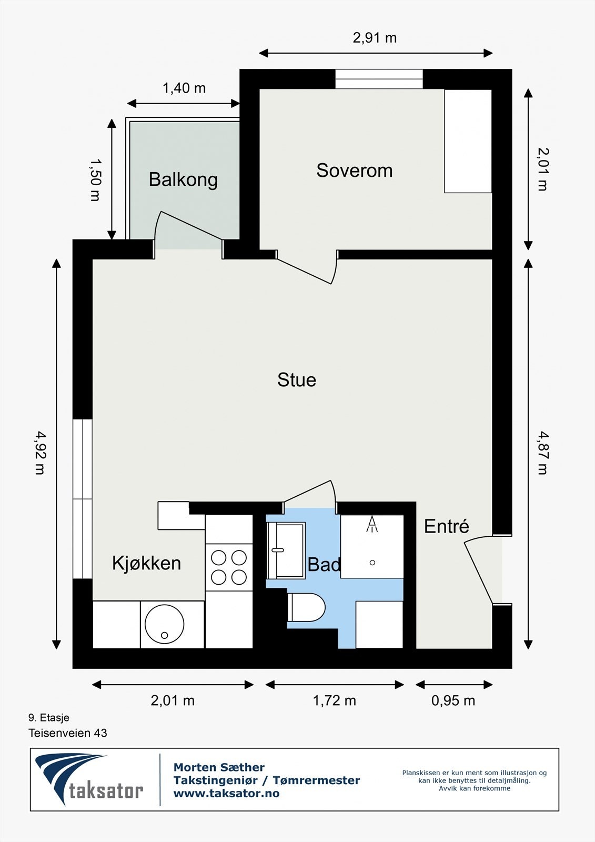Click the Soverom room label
[355, 171]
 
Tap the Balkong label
[184, 179]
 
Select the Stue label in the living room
[297, 379]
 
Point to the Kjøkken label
[147, 563]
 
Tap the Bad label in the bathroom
[324, 564]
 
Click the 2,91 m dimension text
[375, 38]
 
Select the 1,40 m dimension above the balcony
[184, 88]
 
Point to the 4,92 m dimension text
[40, 453]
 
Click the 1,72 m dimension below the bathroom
[335, 700]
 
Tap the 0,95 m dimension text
[453, 700]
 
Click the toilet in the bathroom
[306, 607]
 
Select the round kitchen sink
[164, 624]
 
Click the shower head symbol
[372, 524]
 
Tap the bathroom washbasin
[286, 550]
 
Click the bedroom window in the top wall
[379, 79]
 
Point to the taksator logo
[89, 778]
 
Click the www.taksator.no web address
[226, 794]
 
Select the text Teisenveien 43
[68, 733]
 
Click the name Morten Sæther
[219, 767]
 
